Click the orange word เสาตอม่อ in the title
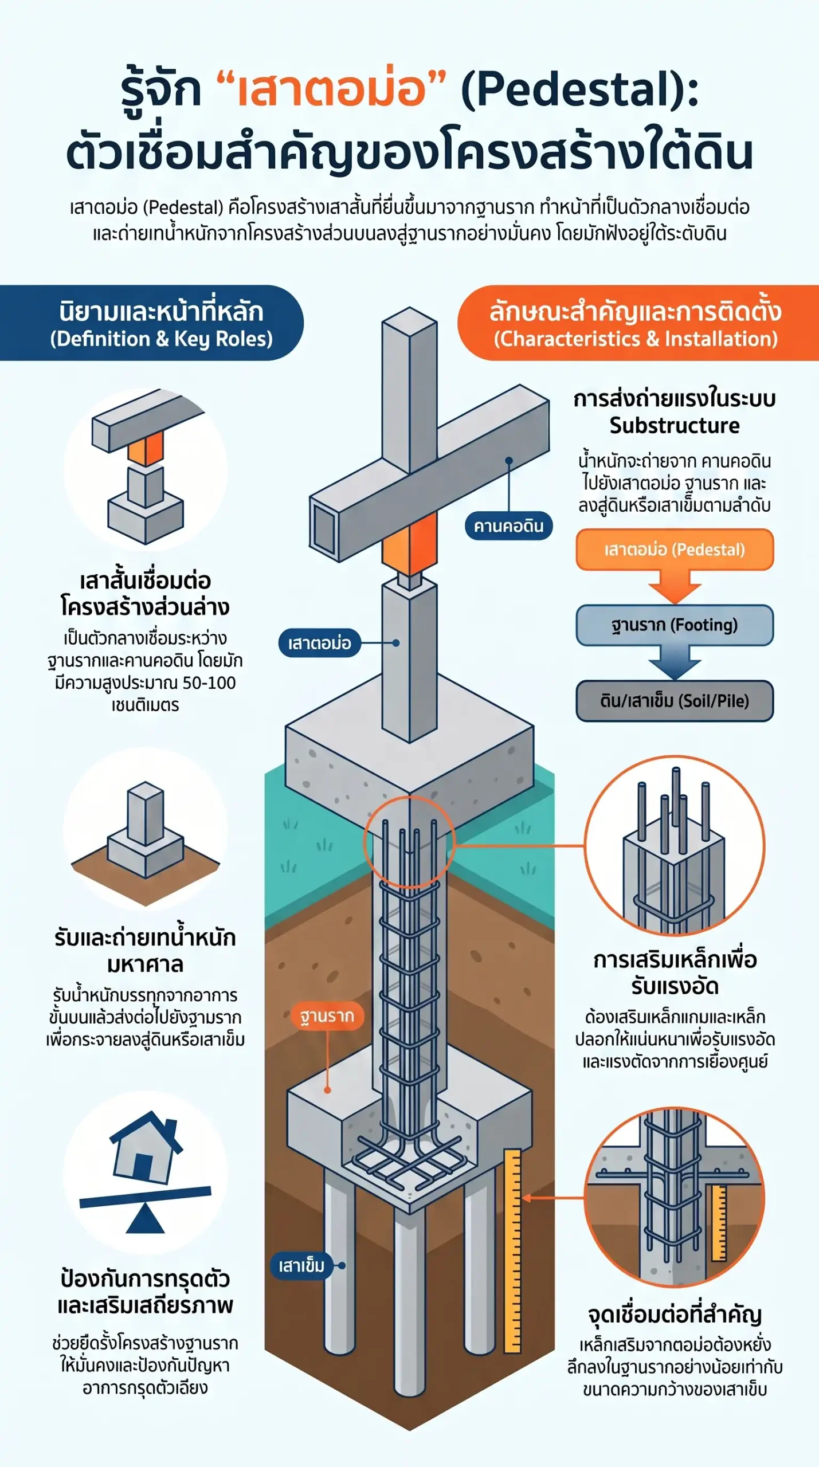tap(332, 90)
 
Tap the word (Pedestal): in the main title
tap(579, 90)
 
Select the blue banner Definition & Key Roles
tap(152, 323)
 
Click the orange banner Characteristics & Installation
tap(638, 323)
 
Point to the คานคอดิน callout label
tap(508, 526)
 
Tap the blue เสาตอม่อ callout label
tap(319, 642)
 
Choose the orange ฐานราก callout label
tap(327, 1016)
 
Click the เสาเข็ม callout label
tap(301, 1265)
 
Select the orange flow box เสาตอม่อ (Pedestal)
tap(675, 550)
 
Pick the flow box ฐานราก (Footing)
tap(675, 625)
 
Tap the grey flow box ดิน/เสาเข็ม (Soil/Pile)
tap(675, 701)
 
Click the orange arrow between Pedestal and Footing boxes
tap(675, 587)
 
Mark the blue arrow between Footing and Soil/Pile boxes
tap(675, 663)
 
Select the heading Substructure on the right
tap(675, 426)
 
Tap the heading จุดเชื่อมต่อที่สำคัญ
tap(675, 1315)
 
